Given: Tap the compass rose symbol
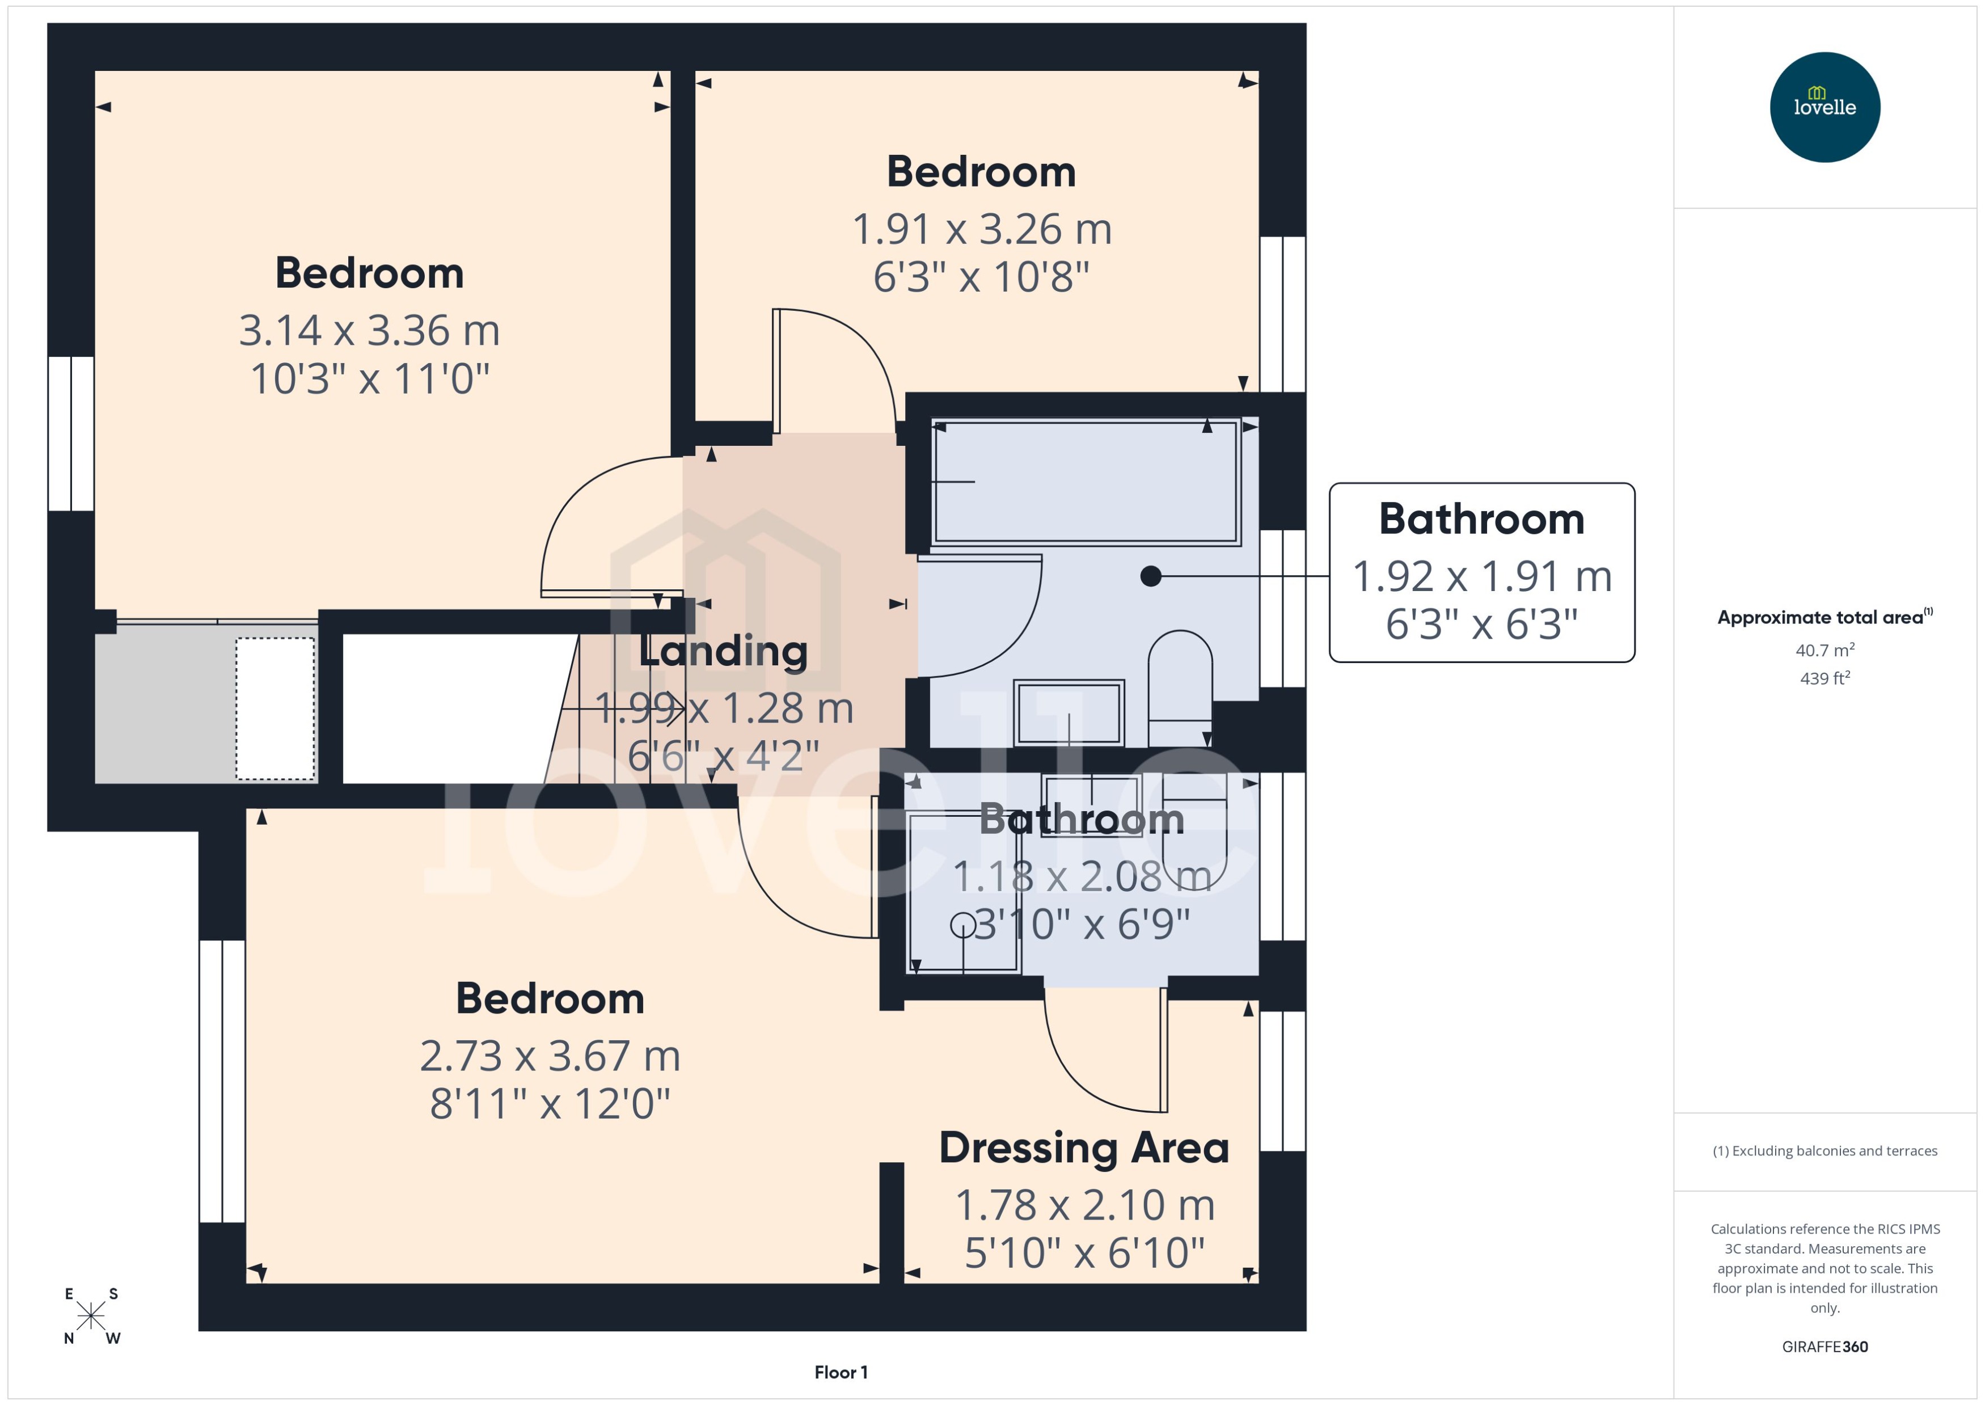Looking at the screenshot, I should tap(91, 1317).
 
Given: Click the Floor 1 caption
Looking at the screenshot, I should tap(840, 1372).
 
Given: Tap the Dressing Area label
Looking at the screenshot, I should tap(1084, 1148).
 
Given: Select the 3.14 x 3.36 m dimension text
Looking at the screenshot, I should tap(369, 331).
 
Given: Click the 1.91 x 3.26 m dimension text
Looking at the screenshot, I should tap(982, 229).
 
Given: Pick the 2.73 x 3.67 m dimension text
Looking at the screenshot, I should tap(550, 1056).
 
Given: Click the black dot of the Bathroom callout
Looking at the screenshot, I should tap(1150, 576).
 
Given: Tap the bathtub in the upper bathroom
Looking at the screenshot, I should tap(1086, 482).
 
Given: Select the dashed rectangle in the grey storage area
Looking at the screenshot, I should tap(275, 708).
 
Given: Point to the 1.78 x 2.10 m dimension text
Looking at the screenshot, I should tap(1084, 1205).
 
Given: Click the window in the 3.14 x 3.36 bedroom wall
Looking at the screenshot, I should tap(71, 433).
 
